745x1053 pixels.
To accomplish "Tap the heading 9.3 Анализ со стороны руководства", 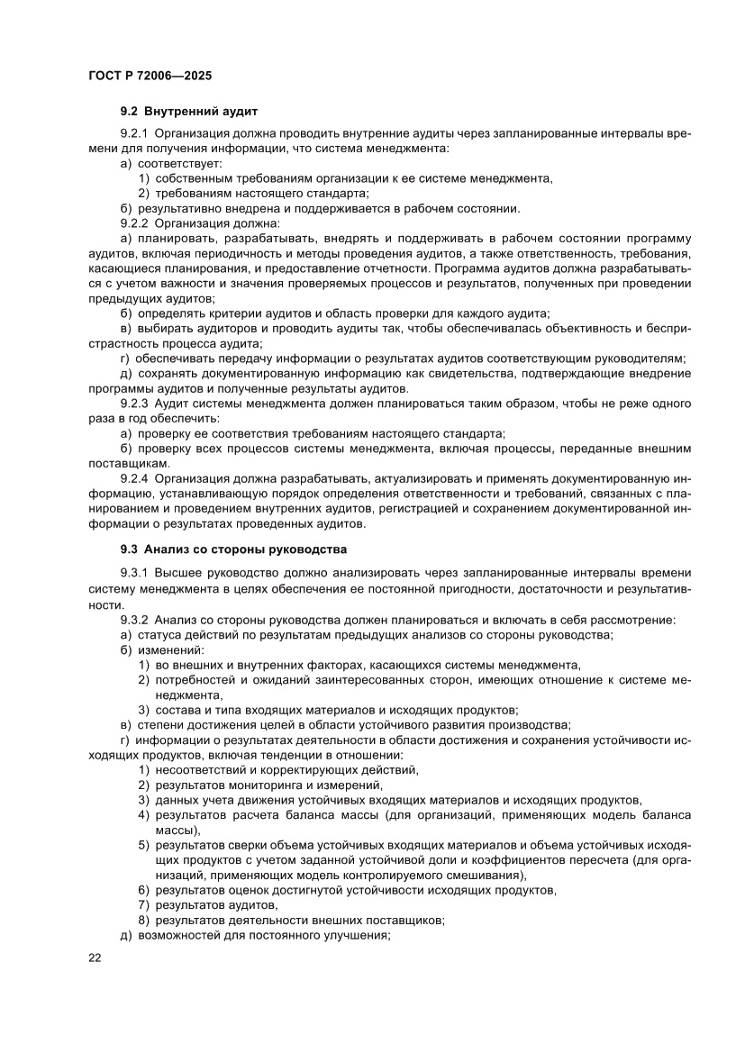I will pyautogui.click(x=233, y=549).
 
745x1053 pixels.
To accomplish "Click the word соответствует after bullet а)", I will pyautogui.click(x=180, y=163).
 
